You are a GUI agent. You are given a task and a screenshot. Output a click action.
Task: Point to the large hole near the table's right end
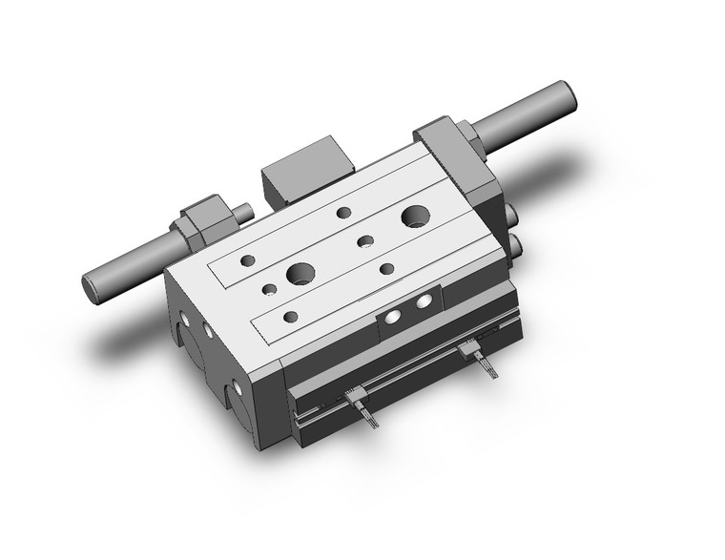[415, 217]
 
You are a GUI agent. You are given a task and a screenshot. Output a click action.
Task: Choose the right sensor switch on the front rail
[469, 352]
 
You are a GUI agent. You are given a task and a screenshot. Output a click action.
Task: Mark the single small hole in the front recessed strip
[291, 316]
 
